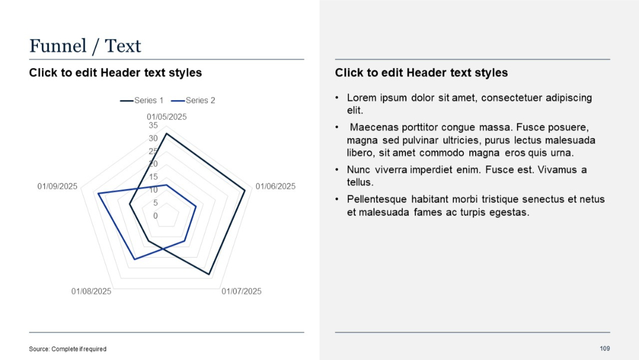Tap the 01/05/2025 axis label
[x=167, y=117]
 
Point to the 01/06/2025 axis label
[x=275, y=187]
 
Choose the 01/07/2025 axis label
[x=241, y=291]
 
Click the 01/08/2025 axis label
[x=91, y=291]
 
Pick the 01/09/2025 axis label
[x=57, y=187]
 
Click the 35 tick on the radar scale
[x=153, y=126]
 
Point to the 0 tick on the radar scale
[x=156, y=216]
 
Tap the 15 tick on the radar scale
[x=153, y=177]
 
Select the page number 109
[x=605, y=348]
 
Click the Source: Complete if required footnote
[x=67, y=349]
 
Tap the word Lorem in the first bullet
[x=361, y=98]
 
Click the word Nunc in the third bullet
[x=359, y=170]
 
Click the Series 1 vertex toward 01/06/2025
[x=245, y=190]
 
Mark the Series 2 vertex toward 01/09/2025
[x=98, y=194]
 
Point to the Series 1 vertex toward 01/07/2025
[x=209, y=275]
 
